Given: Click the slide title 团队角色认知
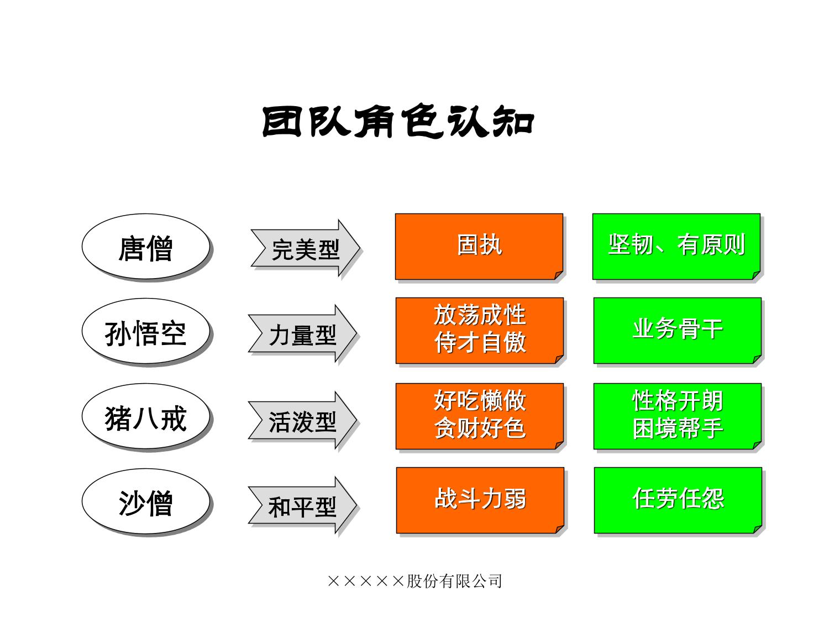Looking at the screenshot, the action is click(398, 121).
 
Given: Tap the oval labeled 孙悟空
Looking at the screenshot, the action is click(145, 331).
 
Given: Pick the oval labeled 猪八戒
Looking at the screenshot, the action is click(145, 416).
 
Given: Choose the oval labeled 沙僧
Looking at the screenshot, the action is click(145, 501).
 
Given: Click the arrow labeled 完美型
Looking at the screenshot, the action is click(305, 248).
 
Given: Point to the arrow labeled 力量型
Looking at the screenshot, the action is click(302, 333).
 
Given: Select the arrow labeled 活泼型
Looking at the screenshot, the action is click(302, 420).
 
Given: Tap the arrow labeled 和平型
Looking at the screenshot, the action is click(302, 505).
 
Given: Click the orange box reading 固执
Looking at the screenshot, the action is click(479, 246).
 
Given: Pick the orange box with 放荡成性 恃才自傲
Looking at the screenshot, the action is click(480, 331).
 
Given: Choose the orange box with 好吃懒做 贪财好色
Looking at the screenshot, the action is click(480, 416).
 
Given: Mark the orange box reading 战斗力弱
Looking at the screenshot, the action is click(480, 500).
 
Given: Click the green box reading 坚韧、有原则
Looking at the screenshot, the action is click(676, 246).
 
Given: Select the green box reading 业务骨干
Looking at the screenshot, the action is click(678, 331).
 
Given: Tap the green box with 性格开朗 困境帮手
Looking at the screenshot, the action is click(678, 416).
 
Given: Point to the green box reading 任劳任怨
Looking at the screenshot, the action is click(678, 500).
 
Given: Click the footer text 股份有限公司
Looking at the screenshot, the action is click(454, 581).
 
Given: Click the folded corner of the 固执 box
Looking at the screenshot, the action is click(558, 275).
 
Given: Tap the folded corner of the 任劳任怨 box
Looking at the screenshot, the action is click(757, 530).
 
